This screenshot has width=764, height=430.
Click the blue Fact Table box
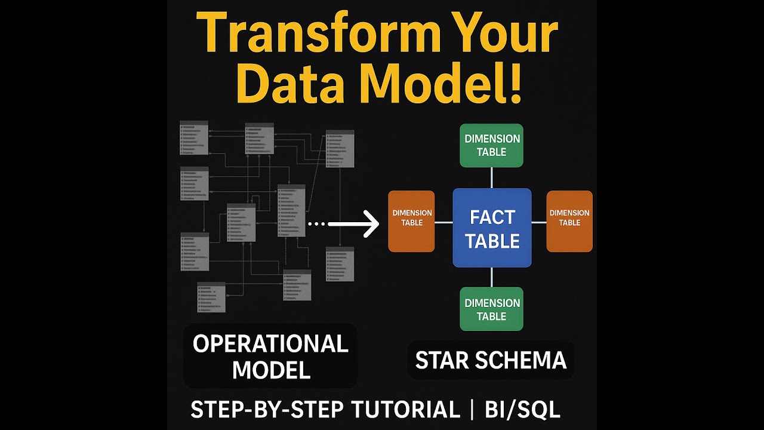(x=492, y=228)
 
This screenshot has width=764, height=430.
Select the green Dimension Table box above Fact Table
(x=491, y=145)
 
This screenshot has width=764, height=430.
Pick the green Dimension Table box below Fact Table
(x=491, y=309)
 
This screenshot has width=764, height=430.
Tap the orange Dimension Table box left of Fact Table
(x=411, y=221)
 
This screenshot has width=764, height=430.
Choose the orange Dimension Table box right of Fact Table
(x=569, y=221)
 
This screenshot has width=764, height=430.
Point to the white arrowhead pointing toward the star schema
(x=371, y=225)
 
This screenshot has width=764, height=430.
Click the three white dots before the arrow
(x=316, y=225)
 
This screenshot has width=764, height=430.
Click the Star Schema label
(x=491, y=360)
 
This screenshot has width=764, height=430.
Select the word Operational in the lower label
(x=270, y=344)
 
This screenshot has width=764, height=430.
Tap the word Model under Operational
(x=271, y=370)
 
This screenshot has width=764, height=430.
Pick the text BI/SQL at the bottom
(x=523, y=410)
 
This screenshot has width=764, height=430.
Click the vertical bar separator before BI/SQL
(x=472, y=410)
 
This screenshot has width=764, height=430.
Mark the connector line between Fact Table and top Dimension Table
(x=491, y=177)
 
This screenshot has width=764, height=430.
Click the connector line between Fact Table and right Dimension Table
(x=538, y=222)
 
